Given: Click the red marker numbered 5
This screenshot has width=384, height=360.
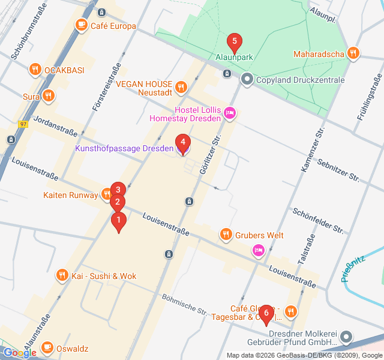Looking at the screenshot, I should (x=234, y=43).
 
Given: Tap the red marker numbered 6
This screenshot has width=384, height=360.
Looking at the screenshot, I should (x=266, y=313).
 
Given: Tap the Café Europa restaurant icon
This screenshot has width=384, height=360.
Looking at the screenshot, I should (x=80, y=25).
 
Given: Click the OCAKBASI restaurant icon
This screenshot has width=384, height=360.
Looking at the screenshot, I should (x=35, y=70).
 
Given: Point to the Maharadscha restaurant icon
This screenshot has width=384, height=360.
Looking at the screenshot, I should (x=353, y=54).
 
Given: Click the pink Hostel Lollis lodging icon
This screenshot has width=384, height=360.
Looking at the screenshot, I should (x=230, y=113).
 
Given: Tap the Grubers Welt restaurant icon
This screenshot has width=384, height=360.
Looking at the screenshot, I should (x=226, y=235).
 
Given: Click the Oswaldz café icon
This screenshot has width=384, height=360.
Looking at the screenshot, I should (x=47, y=348).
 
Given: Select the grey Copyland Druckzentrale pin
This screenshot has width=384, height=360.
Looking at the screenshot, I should (x=247, y=79).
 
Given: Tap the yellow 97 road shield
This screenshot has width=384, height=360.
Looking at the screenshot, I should (x=23, y=124).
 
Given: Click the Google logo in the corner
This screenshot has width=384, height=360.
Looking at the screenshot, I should (x=20, y=353).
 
